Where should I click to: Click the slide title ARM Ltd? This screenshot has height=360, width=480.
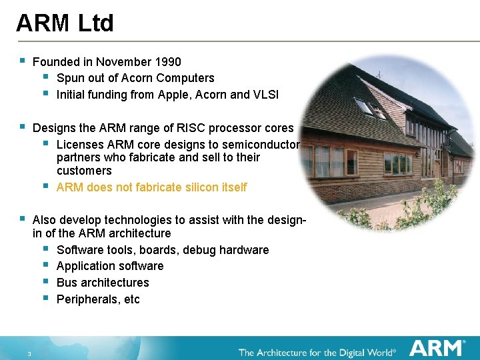click(x=65, y=23)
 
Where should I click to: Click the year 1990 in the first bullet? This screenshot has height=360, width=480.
click(x=167, y=62)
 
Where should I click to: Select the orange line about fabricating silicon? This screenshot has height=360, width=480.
click(x=151, y=187)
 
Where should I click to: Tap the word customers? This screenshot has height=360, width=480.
click(x=84, y=171)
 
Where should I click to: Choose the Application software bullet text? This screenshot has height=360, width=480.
click(x=110, y=266)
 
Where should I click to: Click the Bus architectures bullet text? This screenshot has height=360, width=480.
click(x=103, y=283)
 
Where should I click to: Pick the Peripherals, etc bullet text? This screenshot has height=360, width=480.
click(x=98, y=299)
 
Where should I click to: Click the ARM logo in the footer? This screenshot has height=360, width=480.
click(x=437, y=348)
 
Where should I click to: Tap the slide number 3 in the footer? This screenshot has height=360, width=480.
click(x=30, y=353)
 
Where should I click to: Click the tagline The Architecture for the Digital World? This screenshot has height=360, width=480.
click(x=317, y=351)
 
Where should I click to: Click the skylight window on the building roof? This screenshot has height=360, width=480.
click(x=364, y=107)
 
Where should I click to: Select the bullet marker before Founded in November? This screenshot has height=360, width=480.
click(x=22, y=61)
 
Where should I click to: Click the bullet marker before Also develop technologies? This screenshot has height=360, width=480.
click(x=22, y=218)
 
